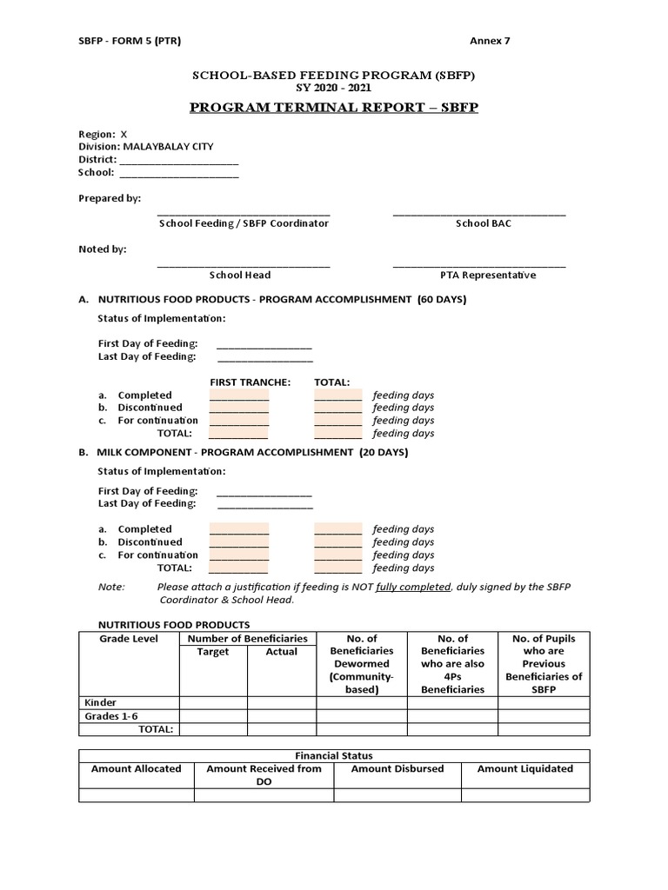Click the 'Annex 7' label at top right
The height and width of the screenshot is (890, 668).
[490, 41]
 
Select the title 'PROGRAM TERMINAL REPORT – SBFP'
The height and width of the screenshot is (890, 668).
[333, 108]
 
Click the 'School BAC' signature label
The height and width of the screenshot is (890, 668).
[484, 223]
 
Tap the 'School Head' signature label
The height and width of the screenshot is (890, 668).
[240, 276]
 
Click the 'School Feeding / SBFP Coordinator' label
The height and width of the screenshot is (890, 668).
[244, 223]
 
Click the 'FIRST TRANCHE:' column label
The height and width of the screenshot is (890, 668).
[250, 382]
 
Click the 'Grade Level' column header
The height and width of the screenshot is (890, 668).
[129, 639]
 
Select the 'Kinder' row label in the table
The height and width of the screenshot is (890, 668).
[100, 702]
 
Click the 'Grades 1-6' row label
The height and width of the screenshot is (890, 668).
[110, 716]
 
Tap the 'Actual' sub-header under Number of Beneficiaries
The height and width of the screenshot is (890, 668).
[281, 652]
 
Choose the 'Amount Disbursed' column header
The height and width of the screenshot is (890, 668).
[397, 769]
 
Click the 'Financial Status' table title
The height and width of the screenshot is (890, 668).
[334, 756]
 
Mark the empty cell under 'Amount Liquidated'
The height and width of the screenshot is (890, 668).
[524, 794]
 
